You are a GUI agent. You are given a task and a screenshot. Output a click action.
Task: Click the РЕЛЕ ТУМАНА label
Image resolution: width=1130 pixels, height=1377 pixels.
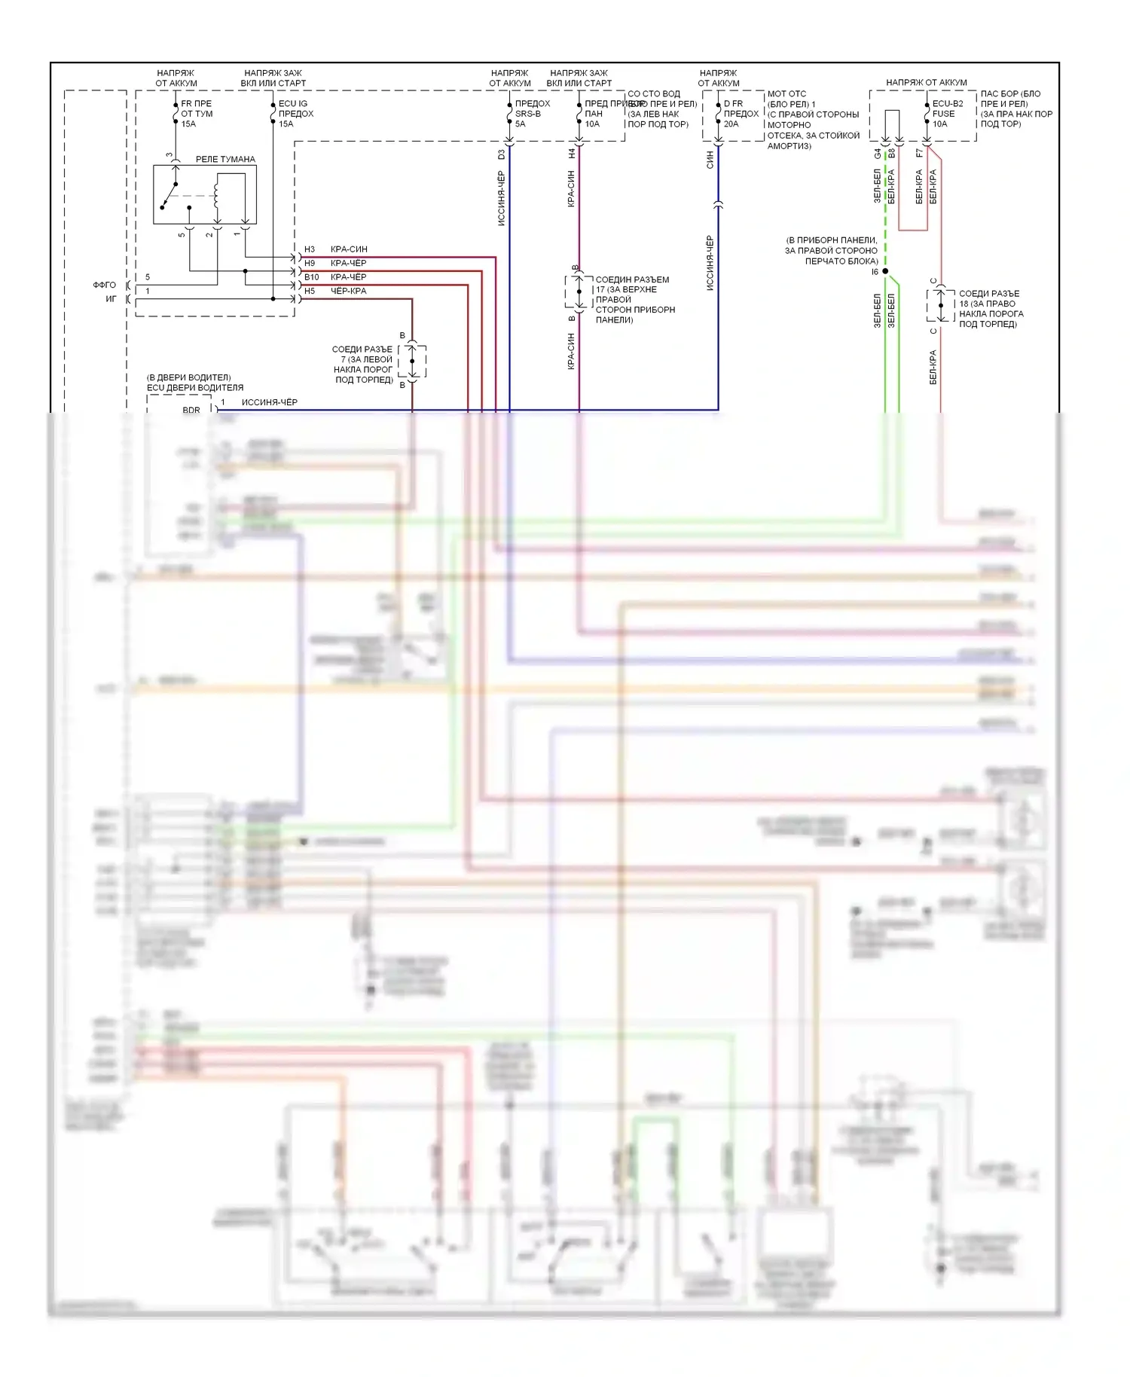click(225, 159)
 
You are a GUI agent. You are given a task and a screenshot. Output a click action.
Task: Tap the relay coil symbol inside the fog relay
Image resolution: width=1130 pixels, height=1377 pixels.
click(217, 194)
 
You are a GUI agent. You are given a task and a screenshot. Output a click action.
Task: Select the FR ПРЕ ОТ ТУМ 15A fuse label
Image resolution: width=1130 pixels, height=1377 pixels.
click(197, 114)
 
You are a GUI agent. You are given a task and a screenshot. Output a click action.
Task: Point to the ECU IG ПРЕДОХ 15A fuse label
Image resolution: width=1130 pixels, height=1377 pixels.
click(295, 114)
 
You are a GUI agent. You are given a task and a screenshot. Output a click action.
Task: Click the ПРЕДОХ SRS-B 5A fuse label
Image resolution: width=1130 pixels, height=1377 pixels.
click(532, 114)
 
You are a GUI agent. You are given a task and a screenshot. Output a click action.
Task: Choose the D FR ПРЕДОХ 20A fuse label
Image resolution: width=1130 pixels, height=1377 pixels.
click(741, 114)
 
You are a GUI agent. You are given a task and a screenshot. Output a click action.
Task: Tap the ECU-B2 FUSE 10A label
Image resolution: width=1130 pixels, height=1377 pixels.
click(947, 114)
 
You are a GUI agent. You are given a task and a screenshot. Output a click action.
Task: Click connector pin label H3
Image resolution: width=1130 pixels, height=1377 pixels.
click(310, 249)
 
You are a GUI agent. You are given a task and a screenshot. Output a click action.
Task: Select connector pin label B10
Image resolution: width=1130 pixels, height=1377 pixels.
click(312, 277)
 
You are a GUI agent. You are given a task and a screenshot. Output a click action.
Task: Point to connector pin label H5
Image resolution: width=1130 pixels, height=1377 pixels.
click(310, 291)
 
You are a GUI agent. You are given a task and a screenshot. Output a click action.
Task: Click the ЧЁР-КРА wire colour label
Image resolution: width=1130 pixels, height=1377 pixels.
click(349, 291)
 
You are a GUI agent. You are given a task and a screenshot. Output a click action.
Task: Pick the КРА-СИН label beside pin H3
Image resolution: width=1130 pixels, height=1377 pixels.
click(349, 249)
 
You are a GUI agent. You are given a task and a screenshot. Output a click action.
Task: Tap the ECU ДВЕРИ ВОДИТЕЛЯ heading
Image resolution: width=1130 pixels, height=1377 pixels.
click(195, 388)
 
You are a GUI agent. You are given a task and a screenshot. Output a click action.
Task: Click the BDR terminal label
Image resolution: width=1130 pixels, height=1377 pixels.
click(191, 411)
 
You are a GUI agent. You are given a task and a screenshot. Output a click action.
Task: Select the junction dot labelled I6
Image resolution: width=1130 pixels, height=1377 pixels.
click(885, 271)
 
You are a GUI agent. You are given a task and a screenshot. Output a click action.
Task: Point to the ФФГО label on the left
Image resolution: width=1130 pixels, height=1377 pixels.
click(105, 285)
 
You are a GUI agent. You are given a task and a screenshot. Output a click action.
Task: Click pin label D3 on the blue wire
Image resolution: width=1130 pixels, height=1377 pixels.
click(502, 154)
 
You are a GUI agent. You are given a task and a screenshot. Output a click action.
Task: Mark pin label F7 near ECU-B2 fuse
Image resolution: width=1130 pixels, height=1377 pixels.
click(919, 153)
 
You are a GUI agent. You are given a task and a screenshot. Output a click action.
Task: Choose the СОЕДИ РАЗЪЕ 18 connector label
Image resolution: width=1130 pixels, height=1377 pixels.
click(990, 309)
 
